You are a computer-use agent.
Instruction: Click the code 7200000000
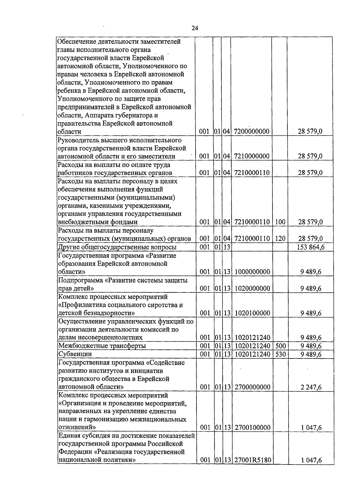point(251,132)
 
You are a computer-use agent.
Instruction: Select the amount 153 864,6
point(310,247)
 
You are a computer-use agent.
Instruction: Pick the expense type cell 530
point(280,354)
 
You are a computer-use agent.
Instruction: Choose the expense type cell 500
point(280,346)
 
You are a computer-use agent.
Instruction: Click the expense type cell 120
point(280,239)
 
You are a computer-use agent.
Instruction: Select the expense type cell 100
point(280,222)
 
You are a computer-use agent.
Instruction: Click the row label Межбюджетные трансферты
point(102,346)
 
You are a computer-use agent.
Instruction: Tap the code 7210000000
point(251,156)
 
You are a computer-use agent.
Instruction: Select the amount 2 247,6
point(311,387)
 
